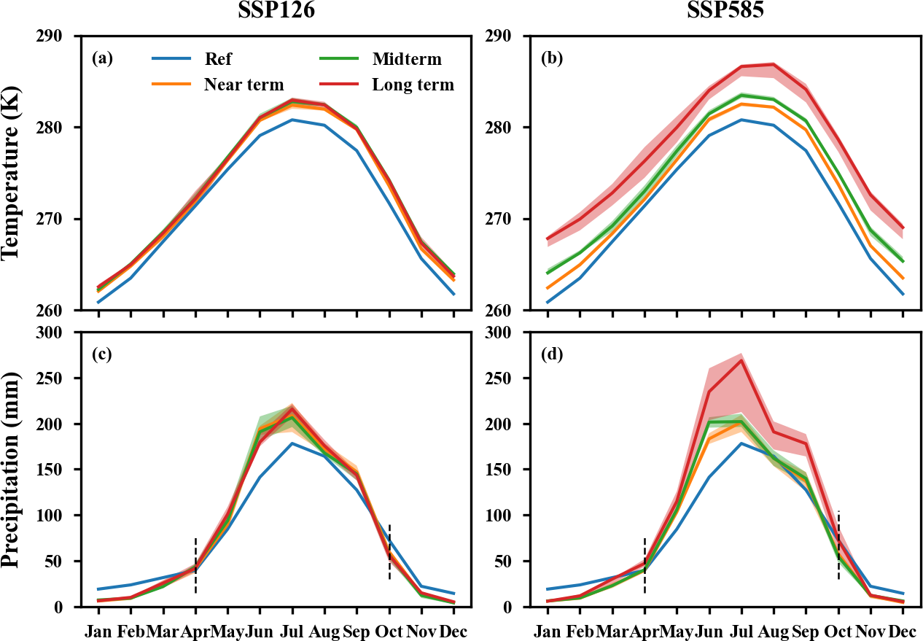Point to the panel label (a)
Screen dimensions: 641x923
tap(102, 59)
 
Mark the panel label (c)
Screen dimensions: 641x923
tap(102, 355)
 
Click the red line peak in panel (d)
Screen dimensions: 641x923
tap(741, 360)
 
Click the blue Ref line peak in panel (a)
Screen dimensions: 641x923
tap(292, 120)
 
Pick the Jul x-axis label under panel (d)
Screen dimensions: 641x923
tap(741, 630)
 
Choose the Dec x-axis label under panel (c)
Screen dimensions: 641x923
tap(453, 630)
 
